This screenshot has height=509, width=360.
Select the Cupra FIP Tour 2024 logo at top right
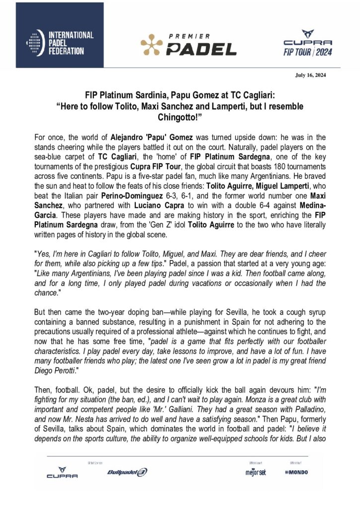coord(307,43)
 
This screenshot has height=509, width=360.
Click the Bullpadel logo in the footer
coord(127,472)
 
